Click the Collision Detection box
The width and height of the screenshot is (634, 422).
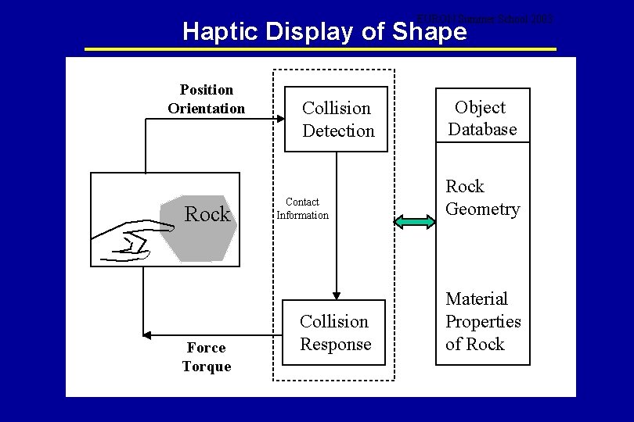tap(337, 119)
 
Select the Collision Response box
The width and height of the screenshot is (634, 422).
tap(334, 332)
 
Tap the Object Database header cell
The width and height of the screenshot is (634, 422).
tap(482, 118)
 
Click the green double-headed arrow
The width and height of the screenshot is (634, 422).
tap(415, 223)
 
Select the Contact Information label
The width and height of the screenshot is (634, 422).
tap(302, 209)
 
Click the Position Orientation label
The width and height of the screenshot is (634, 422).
tap(206, 99)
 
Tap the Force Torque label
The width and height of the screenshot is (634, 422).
tap(207, 357)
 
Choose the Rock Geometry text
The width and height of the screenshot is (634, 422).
tap(482, 198)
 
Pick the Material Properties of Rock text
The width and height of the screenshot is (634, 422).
tap(483, 321)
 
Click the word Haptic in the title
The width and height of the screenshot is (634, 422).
tap(222, 32)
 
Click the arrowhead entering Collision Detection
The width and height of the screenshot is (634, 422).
tap(279, 119)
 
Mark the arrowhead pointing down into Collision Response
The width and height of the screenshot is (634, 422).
tap(337, 295)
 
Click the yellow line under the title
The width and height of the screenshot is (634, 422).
tap(320, 49)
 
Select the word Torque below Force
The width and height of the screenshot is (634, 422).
tap(207, 367)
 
